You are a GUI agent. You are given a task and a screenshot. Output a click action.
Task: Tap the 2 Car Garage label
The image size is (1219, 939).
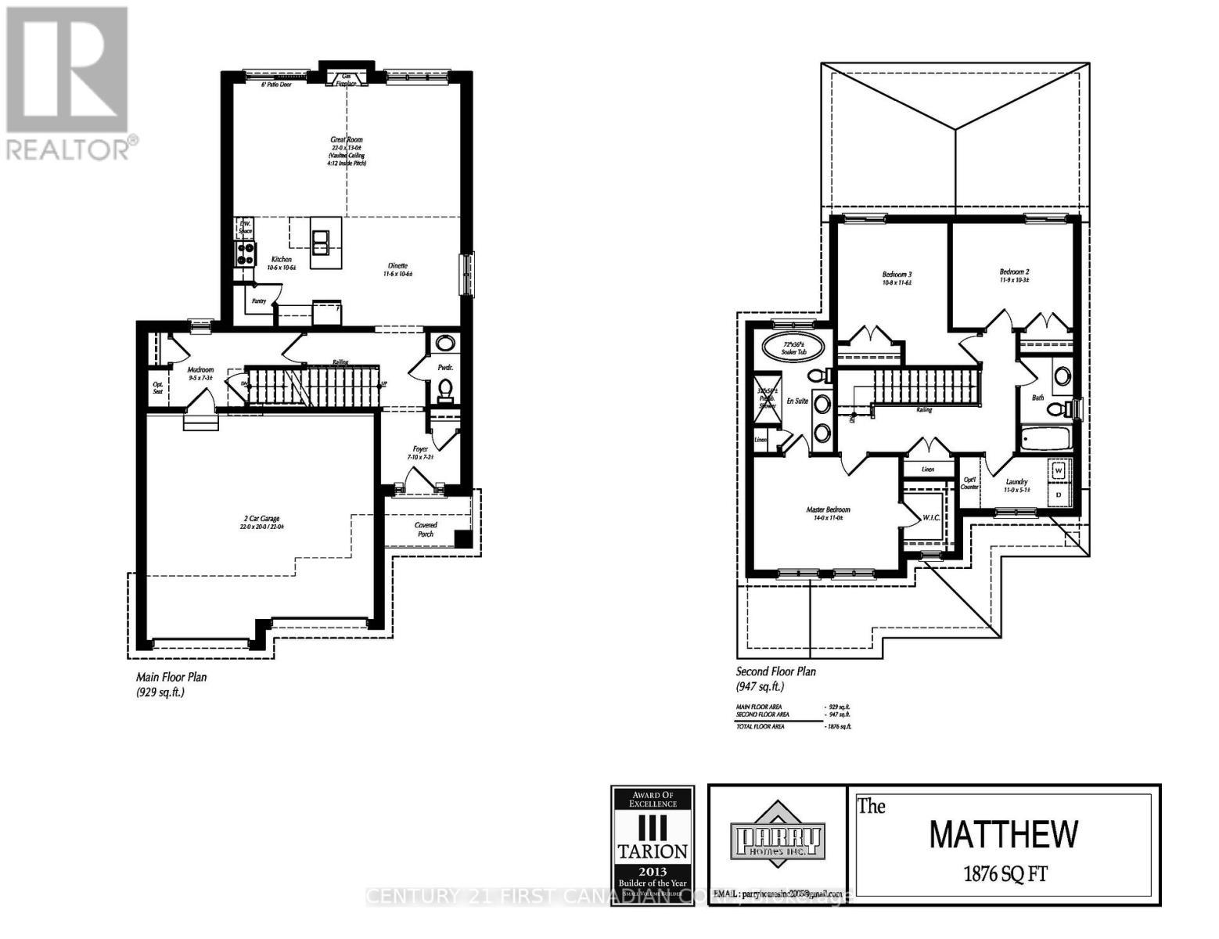(x=260, y=519)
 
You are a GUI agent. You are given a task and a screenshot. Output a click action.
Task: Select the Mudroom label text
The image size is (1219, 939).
(x=200, y=370)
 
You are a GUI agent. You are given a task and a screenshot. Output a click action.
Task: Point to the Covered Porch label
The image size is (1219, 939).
(x=426, y=530)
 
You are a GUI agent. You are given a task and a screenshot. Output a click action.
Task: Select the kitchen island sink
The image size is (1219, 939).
(x=321, y=243)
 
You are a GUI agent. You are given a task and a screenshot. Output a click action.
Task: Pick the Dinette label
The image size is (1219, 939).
(x=397, y=266)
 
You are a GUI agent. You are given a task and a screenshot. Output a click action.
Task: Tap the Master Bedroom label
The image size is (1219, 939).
(x=828, y=510)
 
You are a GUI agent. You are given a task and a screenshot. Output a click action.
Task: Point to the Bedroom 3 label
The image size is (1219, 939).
(x=897, y=275)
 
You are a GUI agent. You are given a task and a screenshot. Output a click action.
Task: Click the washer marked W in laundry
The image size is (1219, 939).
(x=1059, y=471)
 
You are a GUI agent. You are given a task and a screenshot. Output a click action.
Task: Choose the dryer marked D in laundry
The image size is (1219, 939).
(x=1059, y=495)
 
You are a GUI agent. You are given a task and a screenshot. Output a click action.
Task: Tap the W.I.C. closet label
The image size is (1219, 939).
(x=931, y=517)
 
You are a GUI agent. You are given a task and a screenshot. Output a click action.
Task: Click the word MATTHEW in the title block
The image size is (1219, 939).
(x=1004, y=834)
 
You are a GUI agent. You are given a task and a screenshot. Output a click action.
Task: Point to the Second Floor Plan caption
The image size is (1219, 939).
(x=776, y=671)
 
